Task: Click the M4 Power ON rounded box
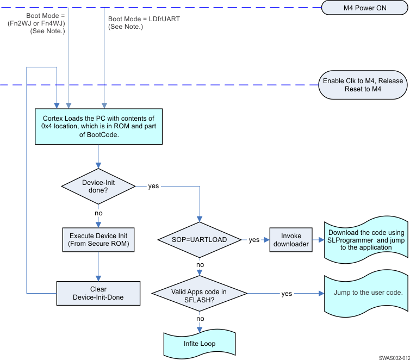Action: click(x=363, y=8)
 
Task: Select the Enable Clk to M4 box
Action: click(x=363, y=85)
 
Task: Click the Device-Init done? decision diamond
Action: click(x=98, y=185)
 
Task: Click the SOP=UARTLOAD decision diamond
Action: click(x=200, y=239)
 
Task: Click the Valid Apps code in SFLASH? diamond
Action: click(x=200, y=294)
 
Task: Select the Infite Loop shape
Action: click(x=199, y=344)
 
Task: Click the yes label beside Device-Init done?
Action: click(x=153, y=185)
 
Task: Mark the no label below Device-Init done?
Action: click(x=98, y=213)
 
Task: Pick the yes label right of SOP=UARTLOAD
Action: click(x=254, y=240)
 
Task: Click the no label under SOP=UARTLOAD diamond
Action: click(x=200, y=265)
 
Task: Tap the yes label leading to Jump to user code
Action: click(x=287, y=294)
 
